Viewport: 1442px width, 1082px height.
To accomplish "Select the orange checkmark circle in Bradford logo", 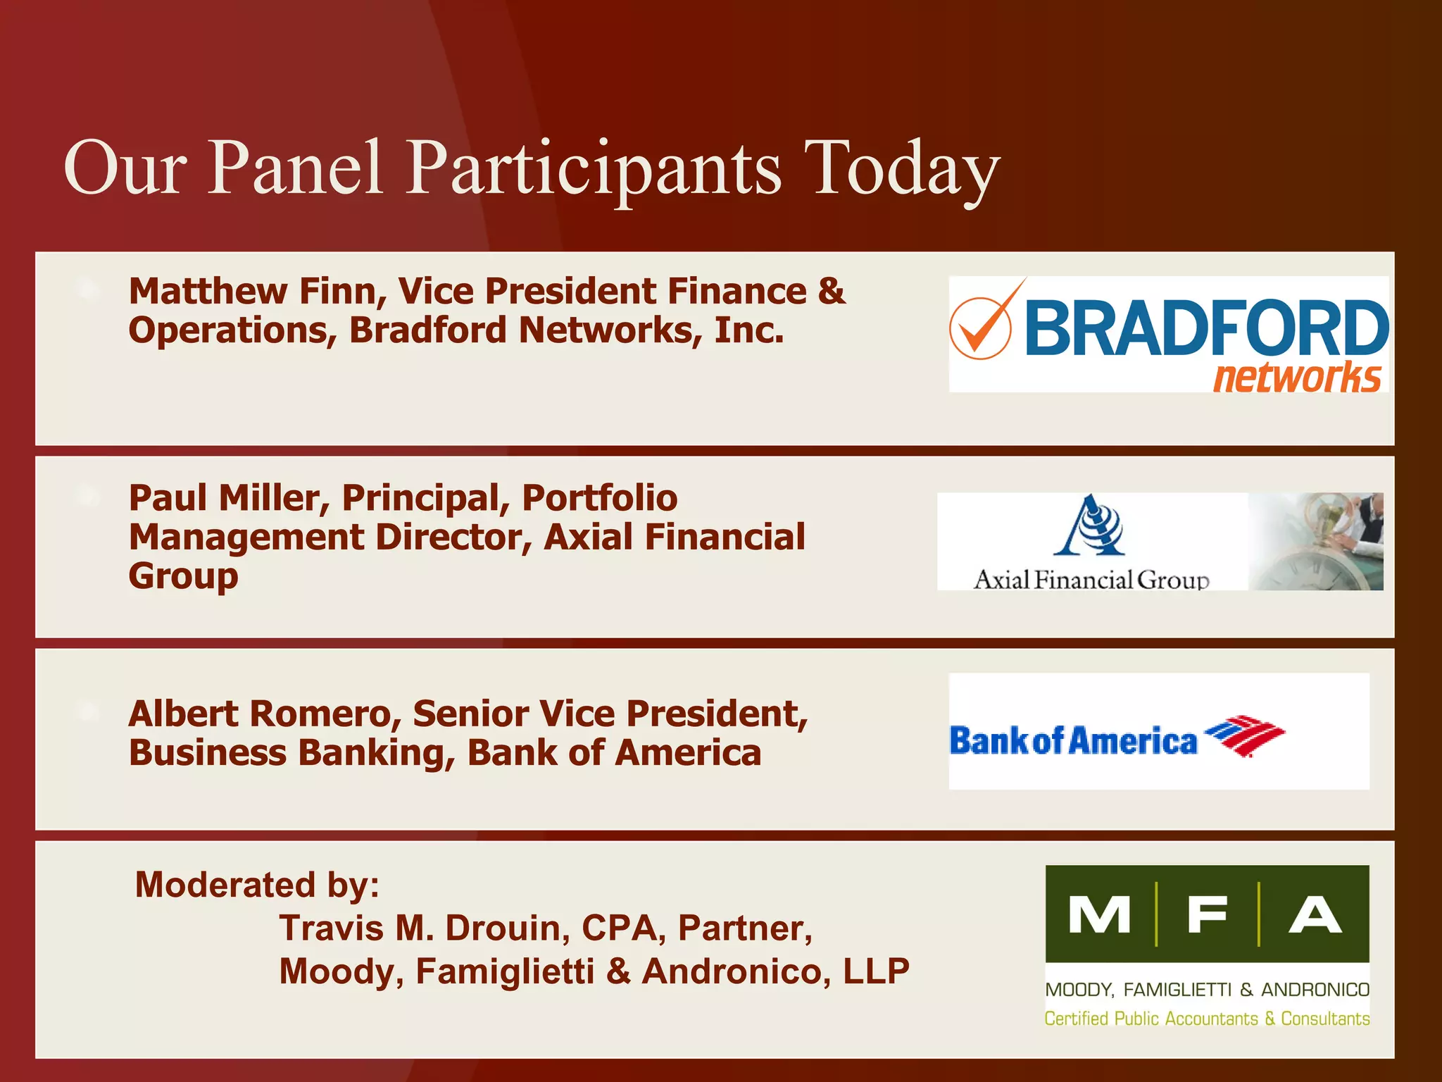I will pyautogui.click(x=980, y=328).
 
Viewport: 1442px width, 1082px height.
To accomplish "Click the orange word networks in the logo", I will pyautogui.click(x=1296, y=378).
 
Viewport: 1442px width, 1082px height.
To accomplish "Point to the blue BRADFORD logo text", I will pyautogui.click(x=1206, y=328).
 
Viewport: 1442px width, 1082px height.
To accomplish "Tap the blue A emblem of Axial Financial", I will pyautogui.click(x=1089, y=526).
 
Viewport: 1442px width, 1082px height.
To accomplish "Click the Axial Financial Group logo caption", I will pyautogui.click(x=1091, y=580).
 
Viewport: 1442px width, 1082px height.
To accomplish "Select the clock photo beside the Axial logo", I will pyautogui.click(x=1315, y=541).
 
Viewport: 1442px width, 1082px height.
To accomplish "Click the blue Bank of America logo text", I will pyautogui.click(x=1073, y=742).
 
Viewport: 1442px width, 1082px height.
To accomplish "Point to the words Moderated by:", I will pyautogui.click(x=257, y=885).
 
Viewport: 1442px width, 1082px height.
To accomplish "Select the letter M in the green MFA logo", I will pyautogui.click(x=1099, y=915).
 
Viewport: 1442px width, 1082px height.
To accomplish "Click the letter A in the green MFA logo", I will pyautogui.click(x=1315, y=915).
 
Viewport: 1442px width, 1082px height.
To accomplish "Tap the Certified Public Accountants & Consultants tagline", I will pyautogui.click(x=1207, y=1019).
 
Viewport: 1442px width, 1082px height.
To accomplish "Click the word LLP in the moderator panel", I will pyautogui.click(x=876, y=971).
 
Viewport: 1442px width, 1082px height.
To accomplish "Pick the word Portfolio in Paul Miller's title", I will pyautogui.click(x=600, y=499).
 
